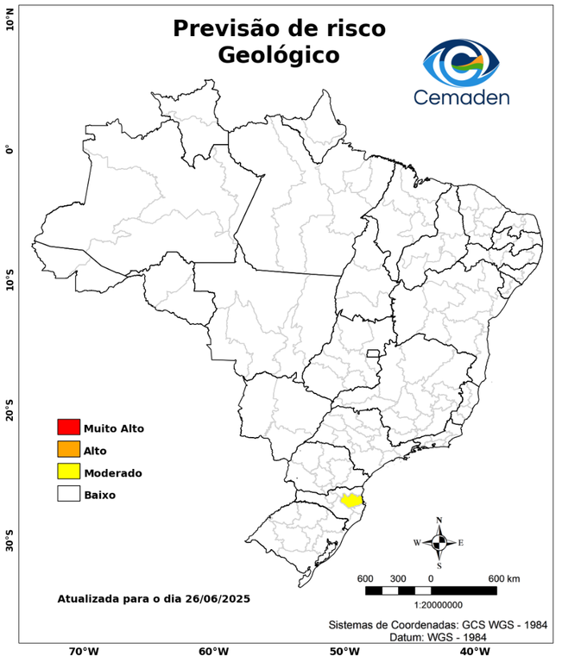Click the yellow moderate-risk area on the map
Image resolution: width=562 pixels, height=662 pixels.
(x=350, y=500)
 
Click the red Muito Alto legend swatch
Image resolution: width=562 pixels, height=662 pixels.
(x=68, y=427)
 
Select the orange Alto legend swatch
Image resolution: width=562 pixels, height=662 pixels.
(x=68, y=449)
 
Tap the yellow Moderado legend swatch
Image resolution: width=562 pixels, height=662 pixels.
(x=68, y=472)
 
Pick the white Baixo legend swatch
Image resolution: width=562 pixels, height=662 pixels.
(x=68, y=494)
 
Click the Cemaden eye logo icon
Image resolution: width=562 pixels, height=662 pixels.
(x=461, y=60)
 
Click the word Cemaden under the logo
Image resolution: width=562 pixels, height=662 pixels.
(x=461, y=97)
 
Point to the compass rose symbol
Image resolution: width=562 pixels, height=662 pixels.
(x=439, y=542)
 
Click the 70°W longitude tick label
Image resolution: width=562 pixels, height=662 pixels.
(x=83, y=651)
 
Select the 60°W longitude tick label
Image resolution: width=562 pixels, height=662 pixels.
(x=213, y=651)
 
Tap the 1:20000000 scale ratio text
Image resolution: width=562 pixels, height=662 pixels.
(x=431, y=606)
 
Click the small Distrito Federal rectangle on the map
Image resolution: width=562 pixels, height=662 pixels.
(x=374, y=353)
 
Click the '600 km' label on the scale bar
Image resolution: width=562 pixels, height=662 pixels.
(x=503, y=578)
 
